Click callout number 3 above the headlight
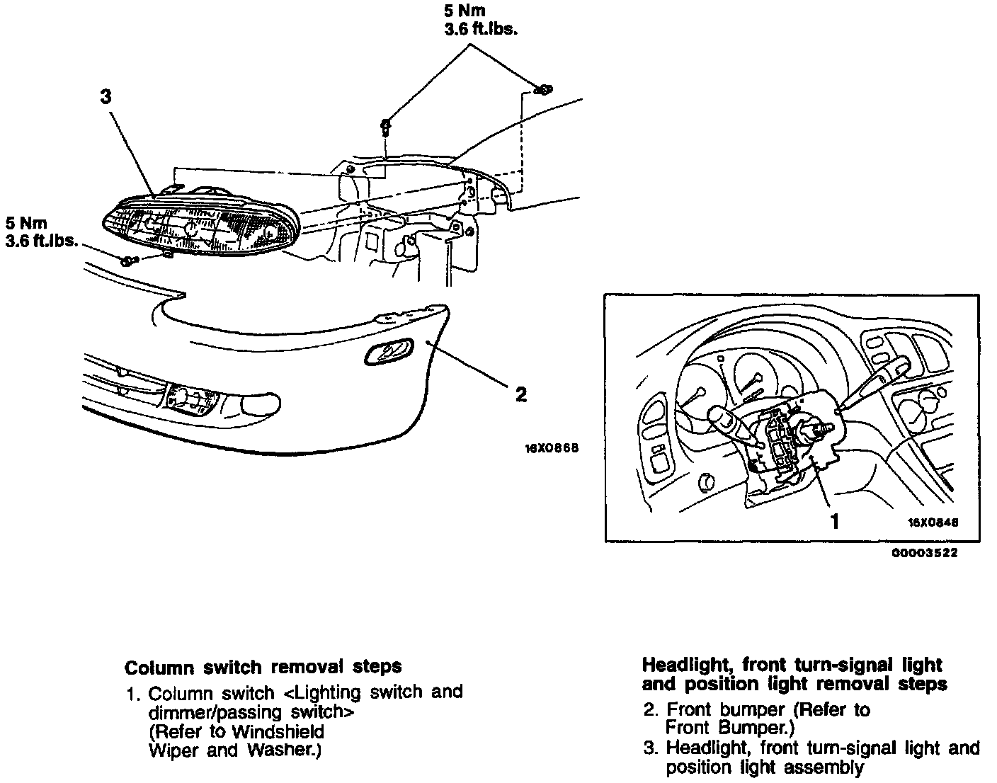point(106,96)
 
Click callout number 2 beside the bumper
point(521,394)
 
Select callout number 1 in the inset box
point(835,521)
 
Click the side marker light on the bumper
point(389,351)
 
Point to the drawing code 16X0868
point(552,448)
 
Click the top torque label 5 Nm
point(465,11)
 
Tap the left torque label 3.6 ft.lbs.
point(41,241)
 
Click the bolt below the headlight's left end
point(128,261)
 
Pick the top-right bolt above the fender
point(543,89)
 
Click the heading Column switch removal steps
point(263,666)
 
